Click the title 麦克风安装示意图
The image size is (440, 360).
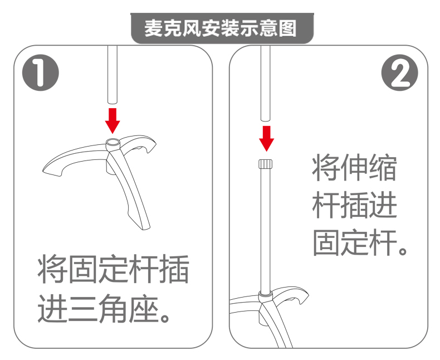coord(221,28)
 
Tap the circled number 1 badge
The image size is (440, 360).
coord(41,72)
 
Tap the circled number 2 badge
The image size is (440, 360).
coord(399,72)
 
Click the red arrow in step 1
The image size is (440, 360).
coord(113,121)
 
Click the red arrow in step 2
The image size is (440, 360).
coord(266,139)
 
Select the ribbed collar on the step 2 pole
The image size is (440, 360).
coord(265,164)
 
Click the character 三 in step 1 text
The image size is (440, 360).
coord(84,309)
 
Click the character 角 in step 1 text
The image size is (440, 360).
coord(113,309)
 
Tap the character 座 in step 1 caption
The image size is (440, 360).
coord(143,309)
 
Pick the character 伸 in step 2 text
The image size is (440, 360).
coord(355,167)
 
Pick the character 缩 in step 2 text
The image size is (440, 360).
coord(383,167)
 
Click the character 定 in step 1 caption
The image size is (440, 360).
coord(114,269)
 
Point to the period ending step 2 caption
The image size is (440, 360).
coord(403,250)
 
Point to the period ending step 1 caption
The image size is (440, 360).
coord(164,317)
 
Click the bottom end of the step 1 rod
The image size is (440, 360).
coord(113,103)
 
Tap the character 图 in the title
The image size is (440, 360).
coord(288,28)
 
